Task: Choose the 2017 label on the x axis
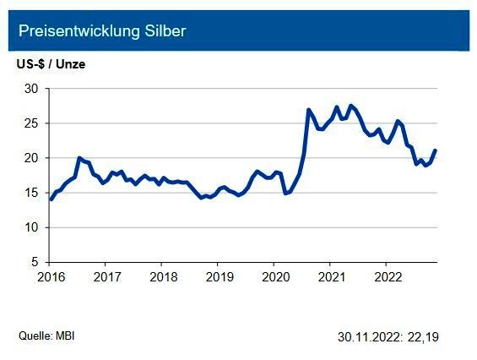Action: point(106,276)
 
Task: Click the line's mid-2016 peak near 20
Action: point(79,158)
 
